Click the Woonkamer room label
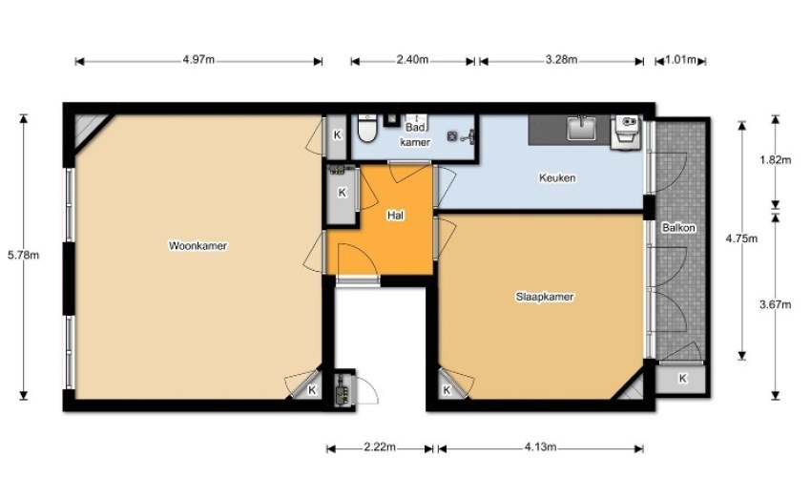198,246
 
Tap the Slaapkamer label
545,297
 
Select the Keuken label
557,178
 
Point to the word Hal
395,216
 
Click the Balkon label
678,228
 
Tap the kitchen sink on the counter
581,128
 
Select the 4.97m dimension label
198,59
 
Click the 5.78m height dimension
23,255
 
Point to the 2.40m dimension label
412,59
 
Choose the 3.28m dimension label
561,59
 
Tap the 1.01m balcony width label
680,59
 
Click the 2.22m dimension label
380,447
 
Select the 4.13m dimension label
540,447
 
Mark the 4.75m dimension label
741,238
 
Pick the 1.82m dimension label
776,160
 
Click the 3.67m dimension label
776,304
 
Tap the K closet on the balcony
681,379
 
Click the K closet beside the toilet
337,135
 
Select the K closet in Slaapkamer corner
447,389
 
